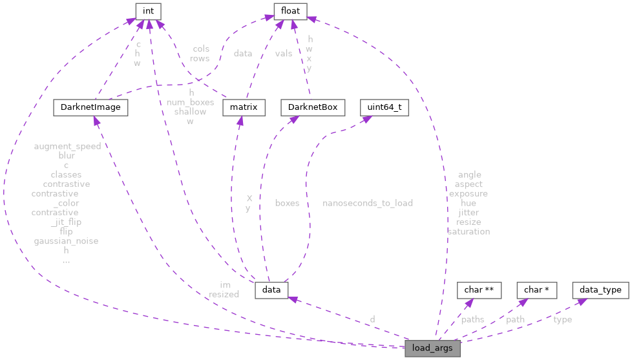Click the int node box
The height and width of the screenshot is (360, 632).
pyautogui.click(x=148, y=10)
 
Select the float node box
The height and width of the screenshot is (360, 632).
pyautogui.click(x=291, y=10)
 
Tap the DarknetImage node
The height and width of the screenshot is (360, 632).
pyautogui.click(x=90, y=107)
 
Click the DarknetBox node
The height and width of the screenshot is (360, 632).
pyautogui.click(x=313, y=107)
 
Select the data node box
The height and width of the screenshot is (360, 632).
pyautogui.click(x=271, y=290)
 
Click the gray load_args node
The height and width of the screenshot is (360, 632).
pyautogui.click(x=432, y=349)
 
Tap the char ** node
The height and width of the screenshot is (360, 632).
pyautogui.click(x=479, y=290)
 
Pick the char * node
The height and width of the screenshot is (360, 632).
pyautogui.click(x=537, y=290)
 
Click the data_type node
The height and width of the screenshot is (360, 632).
pyautogui.click(x=600, y=290)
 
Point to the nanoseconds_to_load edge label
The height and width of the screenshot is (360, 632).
pyautogui.click(x=368, y=203)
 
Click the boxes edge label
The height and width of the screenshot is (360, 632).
pyautogui.click(x=287, y=203)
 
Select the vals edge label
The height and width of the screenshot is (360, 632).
pyautogui.click(x=284, y=54)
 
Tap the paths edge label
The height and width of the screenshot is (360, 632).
pyautogui.click(x=472, y=319)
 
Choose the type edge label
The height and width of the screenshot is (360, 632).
pyautogui.click(x=563, y=319)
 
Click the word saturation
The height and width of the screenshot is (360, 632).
pyautogui.click(x=469, y=231)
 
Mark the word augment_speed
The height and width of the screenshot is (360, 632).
pyautogui.click(x=67, y=146)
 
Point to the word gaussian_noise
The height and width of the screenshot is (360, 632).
pyautogui.click(x=66, y=241)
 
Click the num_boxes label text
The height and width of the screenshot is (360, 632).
pyautogui.click(x=190, y=102)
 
